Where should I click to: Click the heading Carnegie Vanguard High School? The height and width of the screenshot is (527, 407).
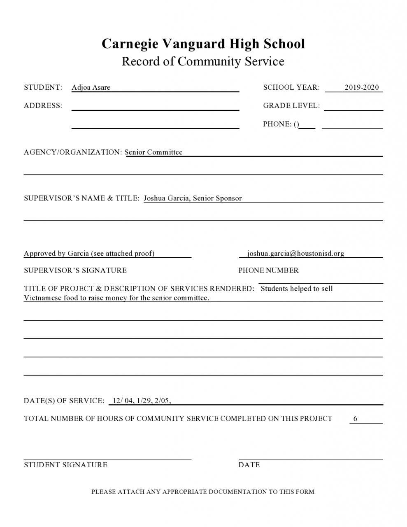[x=203, y=44]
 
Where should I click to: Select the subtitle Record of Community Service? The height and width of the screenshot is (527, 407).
[x=203, y=61]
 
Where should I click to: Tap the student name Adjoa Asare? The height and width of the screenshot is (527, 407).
[x=91, y=87]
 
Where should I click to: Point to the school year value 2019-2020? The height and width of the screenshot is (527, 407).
[x=361, y=87]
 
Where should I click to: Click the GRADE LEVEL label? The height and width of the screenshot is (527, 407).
[x=291, y=106]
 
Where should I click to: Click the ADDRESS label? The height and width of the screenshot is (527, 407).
[x=43, y=106]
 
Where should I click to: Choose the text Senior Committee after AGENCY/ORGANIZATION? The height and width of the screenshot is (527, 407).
[x=153, y=152]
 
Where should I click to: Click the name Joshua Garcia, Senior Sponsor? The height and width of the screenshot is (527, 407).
[x=193, y=198]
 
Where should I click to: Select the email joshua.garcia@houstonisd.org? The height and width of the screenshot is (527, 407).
[x=295, y=254]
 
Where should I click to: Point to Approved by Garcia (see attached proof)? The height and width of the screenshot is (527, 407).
[x=89, y=254]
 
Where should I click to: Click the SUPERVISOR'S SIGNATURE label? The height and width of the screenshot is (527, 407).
[x=75, y=270]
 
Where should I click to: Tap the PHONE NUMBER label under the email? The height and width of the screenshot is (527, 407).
[x=268, y=270]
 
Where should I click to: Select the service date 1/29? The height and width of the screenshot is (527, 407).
[x=144, y=401]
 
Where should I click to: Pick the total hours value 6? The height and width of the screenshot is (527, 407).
[x=355, y=419]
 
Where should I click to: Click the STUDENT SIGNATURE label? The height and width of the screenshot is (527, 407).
[x=65, y=465]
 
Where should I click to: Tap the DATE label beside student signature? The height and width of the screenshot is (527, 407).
[x=249, y=465]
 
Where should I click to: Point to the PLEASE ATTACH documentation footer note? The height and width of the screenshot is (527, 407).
[x=203, y=492]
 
